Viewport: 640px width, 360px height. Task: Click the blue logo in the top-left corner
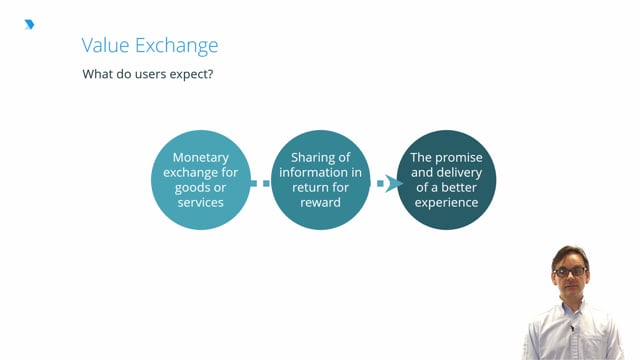click(29, 24)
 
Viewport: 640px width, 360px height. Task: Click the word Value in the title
click(104, 46)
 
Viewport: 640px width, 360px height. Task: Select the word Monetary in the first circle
click(201, 158)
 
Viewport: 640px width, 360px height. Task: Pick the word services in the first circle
click(201, 203)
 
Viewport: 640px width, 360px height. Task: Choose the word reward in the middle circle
click(321, 203)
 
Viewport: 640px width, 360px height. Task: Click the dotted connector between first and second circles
click(260, 183)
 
